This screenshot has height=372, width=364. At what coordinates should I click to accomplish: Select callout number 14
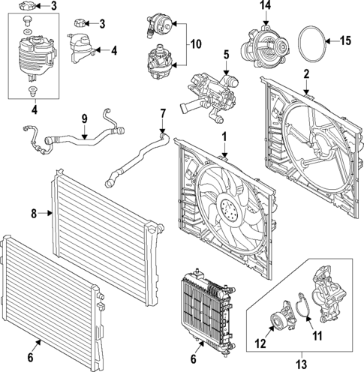coord(263,6)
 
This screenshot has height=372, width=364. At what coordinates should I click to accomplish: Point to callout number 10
coord(195,44)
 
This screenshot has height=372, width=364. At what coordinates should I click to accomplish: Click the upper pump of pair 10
coord(158,21)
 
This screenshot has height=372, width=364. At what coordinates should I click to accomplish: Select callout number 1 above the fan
coord(224,137)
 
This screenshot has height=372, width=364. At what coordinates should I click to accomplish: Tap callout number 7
coord(162,113)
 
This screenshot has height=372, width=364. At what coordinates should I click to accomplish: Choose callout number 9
coord(84,118)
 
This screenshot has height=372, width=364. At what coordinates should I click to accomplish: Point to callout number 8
coord(34,214)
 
